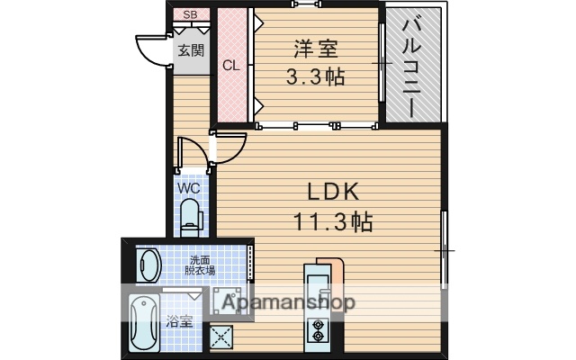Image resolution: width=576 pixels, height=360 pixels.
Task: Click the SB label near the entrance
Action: coord(190,14)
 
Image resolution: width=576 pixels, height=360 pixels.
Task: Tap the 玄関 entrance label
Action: coord(190,50)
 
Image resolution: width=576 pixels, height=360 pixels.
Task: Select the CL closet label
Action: coord(231,65)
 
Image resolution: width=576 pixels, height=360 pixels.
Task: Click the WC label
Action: coord(188,188)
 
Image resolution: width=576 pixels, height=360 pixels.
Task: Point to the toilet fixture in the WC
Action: coord(190,216)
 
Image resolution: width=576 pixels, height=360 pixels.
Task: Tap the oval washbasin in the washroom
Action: coord(149,265)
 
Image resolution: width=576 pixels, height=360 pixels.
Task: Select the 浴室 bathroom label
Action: coord(178,321)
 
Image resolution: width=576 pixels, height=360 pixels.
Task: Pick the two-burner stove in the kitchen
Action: coord(318,331)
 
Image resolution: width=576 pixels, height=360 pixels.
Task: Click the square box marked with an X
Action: coord(221,336)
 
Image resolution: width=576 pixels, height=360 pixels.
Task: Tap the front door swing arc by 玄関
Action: coord(153,49)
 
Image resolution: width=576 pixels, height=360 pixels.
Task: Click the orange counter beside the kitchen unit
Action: coord(336,274)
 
